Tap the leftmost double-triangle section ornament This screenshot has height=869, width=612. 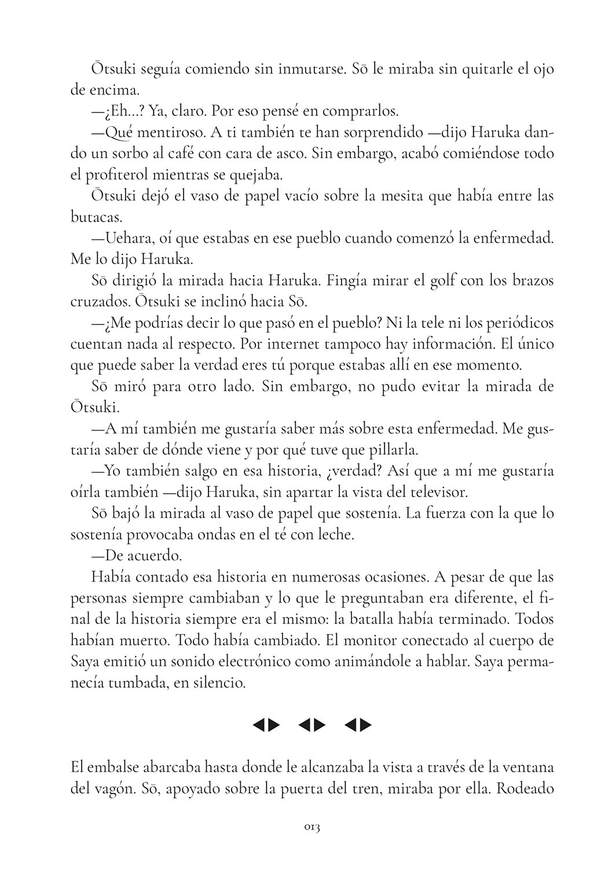click(x=266, y=724)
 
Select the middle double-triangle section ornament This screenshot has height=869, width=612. click(x=312, y=724)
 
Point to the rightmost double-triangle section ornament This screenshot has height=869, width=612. click(x=358, y=724)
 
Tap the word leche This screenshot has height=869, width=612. click(x=335, y=534)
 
